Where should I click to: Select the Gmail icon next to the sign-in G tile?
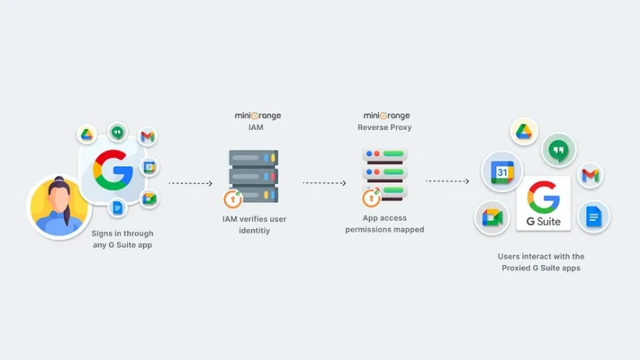pos(147,136)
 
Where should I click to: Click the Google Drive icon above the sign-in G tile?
pos(87,135)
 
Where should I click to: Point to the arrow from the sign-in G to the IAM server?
pos(190,183)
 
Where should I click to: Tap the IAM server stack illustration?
pos(254,175)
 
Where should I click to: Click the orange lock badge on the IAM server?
pos(232,199)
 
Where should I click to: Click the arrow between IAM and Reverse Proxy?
pos(324,182)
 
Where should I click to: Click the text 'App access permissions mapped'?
pos(385,224)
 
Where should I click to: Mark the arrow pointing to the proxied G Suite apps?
pos(446,181)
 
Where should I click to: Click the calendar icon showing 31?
pos(502,171)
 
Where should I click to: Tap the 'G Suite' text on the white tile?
pos(543,222)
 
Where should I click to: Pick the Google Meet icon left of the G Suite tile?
pos(492,217)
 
